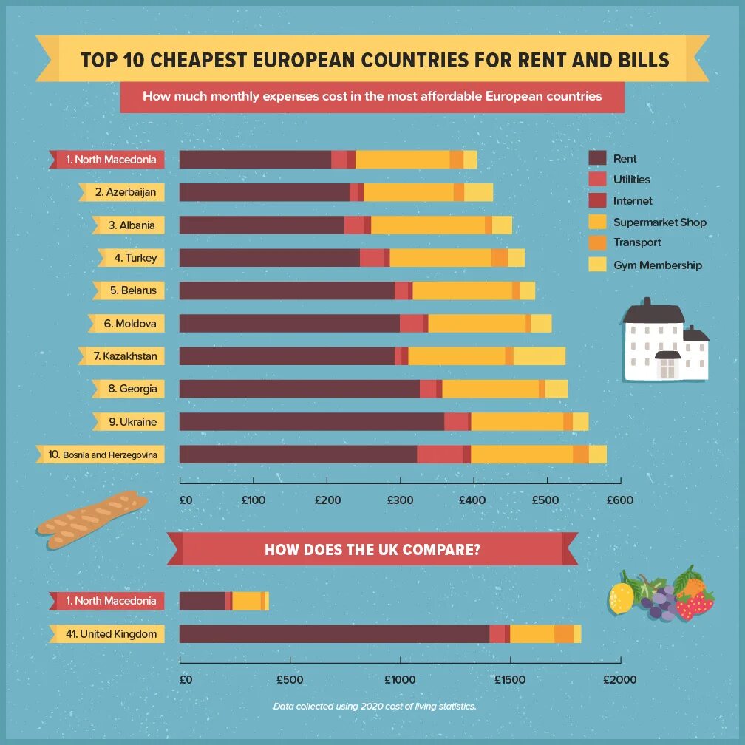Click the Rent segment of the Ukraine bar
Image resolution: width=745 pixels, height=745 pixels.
[311, 421]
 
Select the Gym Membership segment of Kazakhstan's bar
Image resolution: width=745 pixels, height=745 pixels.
[539, 356]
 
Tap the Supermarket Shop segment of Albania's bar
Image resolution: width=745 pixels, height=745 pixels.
[427, 225]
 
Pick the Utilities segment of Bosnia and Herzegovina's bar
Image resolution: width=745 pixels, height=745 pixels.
[440, 455]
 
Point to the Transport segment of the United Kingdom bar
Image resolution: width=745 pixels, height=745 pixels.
[564, 634]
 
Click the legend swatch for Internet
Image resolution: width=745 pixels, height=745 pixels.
[597, 200]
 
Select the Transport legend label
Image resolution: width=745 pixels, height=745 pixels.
[637, 242]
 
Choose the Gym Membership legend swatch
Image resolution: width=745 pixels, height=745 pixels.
[597, 264]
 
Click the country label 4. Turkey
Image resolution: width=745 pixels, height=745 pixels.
[135, 258]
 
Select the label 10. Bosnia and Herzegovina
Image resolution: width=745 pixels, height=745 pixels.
[102, 455]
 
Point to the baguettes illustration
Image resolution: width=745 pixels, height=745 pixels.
[92, 520]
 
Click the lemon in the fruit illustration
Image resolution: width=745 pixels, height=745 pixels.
[622, 596]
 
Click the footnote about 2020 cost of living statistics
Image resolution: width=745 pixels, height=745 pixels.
[374, 706]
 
